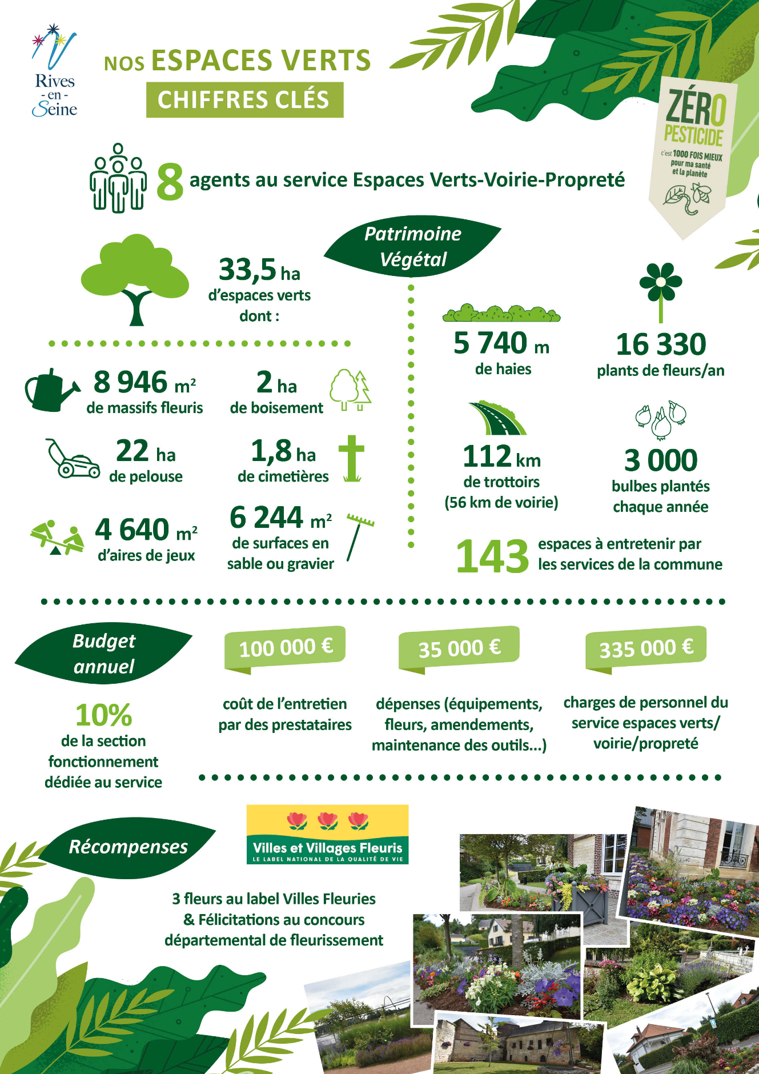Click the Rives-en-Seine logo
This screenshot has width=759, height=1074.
click(54, 71)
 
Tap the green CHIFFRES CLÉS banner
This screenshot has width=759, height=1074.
click(244, 100)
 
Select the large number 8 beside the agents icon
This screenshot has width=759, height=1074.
click(170, 182)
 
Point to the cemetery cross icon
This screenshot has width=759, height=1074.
click(351, 458)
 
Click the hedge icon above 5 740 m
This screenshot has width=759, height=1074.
click(501, 313)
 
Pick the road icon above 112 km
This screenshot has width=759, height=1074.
click(497, 418)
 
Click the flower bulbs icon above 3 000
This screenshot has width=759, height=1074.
click(661, 420)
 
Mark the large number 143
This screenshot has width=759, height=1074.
click(492, 556)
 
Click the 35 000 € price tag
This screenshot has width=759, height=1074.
click(459, 648)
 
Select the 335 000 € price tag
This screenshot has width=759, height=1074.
click(646, 648)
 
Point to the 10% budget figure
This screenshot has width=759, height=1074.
click(103, 715)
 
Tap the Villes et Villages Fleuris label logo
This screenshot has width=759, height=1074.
click(327, 834)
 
